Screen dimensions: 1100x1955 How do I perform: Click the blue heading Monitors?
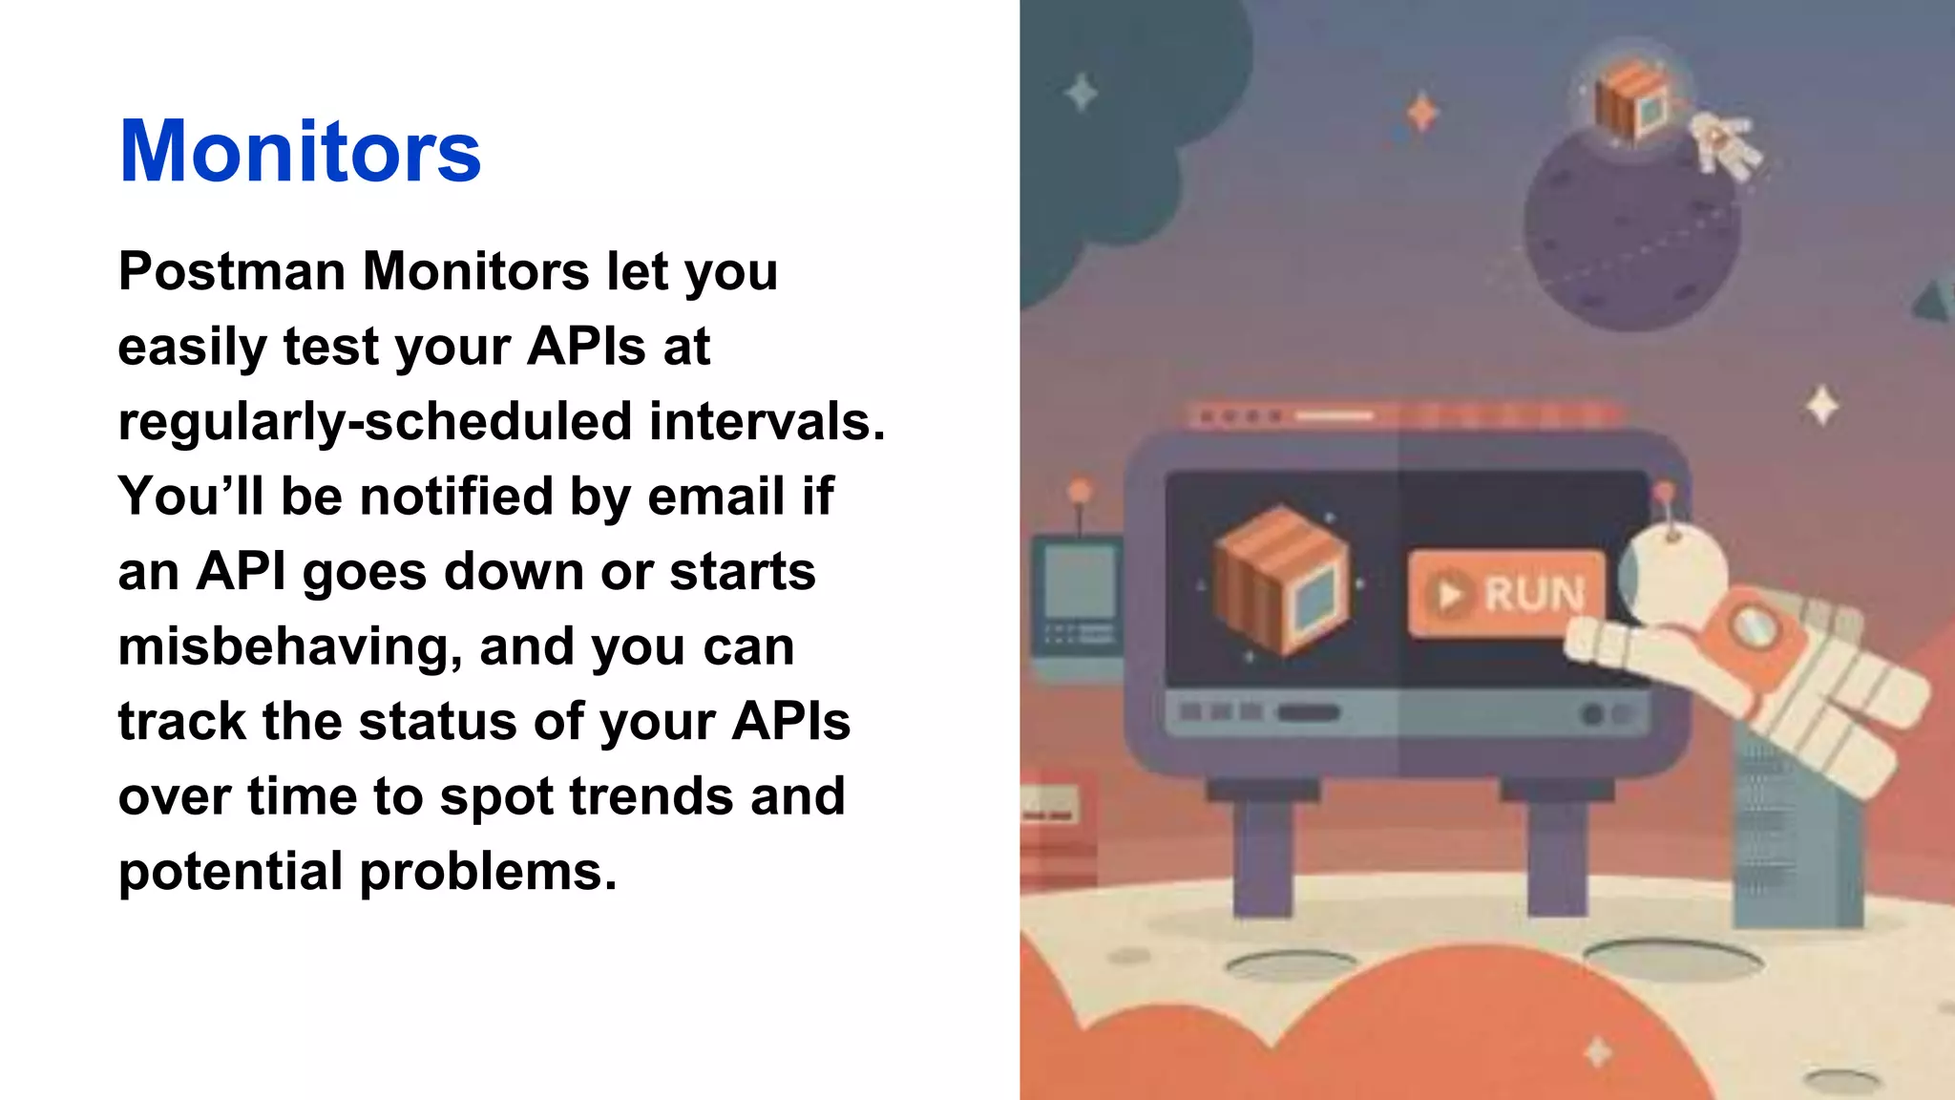[300, 151]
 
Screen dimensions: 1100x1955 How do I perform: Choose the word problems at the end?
[488, 871]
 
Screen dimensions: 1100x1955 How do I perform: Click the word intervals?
[767, 421]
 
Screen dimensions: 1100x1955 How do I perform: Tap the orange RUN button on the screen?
[1506, 594]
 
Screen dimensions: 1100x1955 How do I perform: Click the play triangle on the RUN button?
[1450, 595]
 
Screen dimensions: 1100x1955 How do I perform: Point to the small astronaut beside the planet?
[1724, 144]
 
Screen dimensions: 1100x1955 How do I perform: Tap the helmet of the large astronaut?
[1672, 574]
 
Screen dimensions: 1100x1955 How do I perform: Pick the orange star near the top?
[1422, 113]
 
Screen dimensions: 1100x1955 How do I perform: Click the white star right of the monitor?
[1821, 406]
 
